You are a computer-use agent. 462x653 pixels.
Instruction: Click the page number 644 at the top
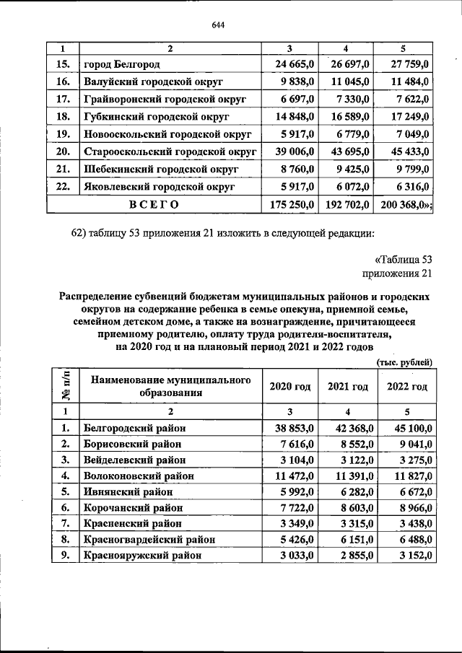[219, 26]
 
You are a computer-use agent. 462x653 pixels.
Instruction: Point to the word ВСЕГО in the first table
[154, 204]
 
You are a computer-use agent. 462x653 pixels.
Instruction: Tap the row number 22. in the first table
[63, 186]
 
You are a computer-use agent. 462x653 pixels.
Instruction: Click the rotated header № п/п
[64, 386]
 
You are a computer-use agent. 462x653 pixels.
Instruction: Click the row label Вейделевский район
[135, 460]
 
